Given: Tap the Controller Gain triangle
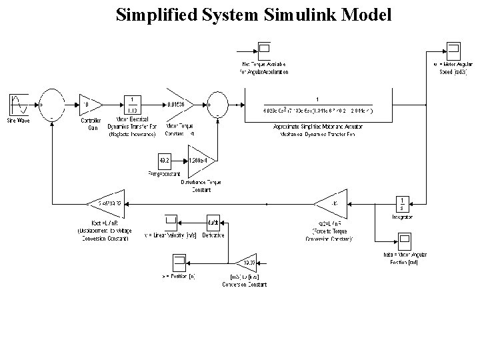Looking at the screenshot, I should pos(91,105).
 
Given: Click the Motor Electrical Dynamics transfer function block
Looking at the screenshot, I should pos(132,105).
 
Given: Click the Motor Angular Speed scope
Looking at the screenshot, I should pos(453,49).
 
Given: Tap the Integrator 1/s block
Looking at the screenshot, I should pos(403,203).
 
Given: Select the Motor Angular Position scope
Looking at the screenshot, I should pos(405,241).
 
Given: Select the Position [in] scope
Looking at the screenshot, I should pos(180,261).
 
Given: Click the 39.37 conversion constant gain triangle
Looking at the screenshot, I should pos(246,261).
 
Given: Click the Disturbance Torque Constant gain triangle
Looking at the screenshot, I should pos(199,161).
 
